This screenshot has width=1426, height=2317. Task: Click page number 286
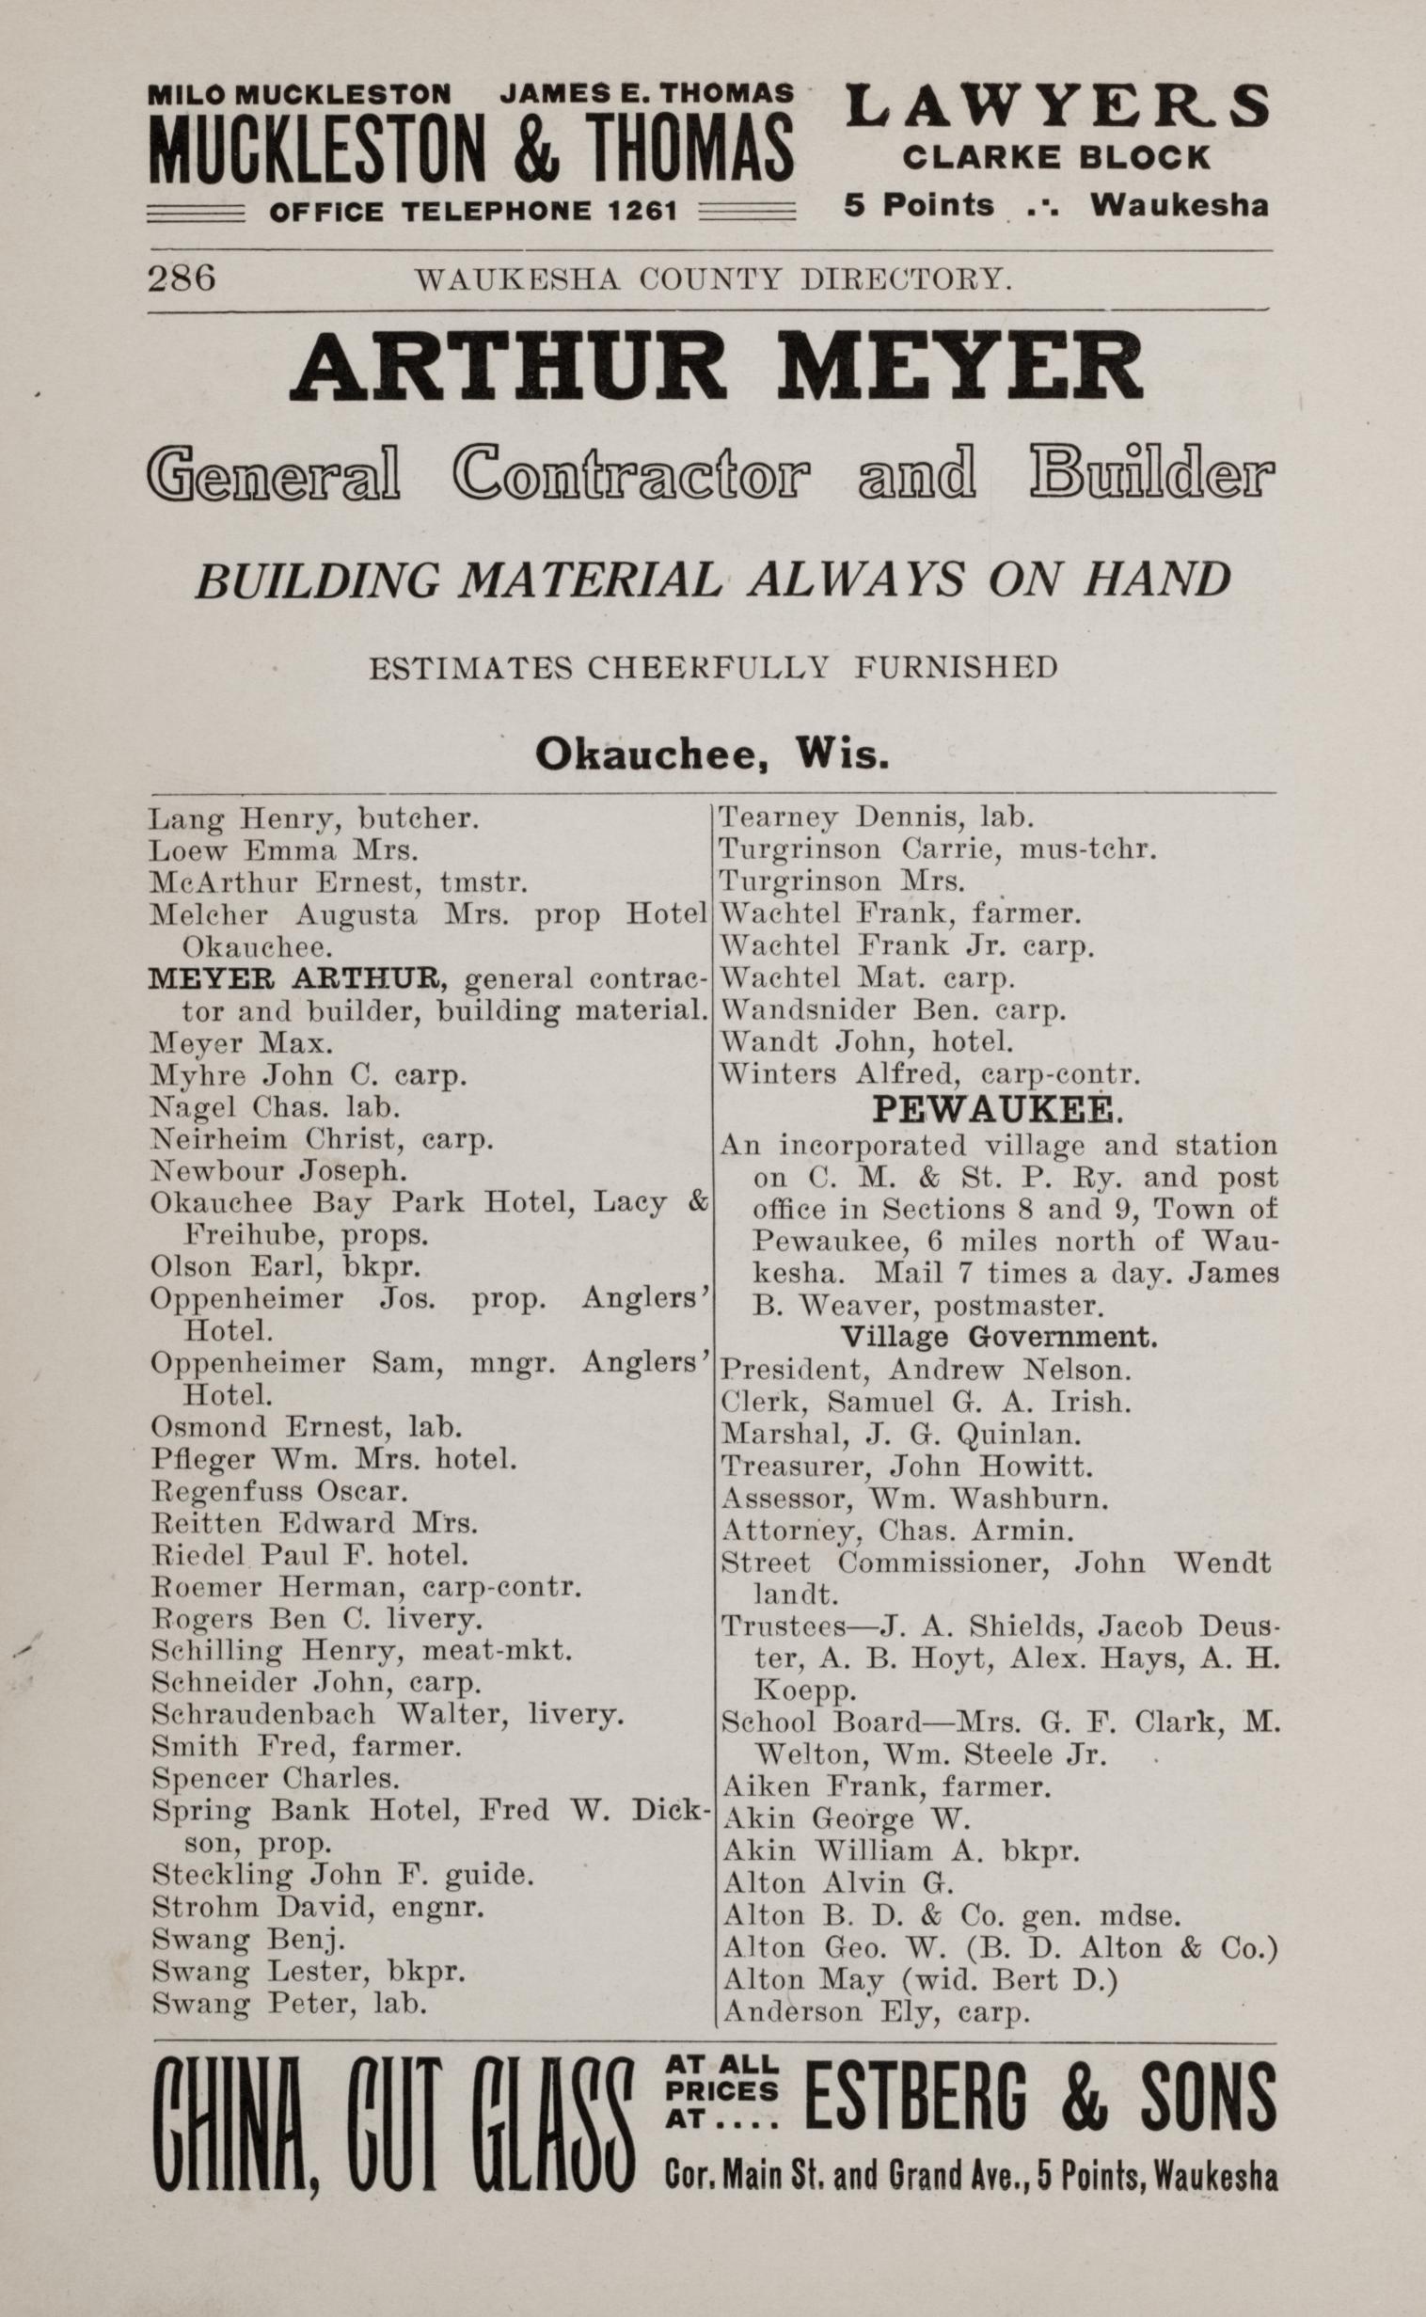coord(182,278)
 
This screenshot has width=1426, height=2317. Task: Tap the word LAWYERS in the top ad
coord(1056,105)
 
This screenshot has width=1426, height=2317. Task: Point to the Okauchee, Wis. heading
coord(712,754)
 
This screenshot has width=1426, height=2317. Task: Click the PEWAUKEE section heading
coord(996,1110)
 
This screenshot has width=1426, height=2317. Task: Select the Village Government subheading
coord(998,1336)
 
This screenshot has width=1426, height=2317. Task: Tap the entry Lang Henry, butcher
coord(314,817)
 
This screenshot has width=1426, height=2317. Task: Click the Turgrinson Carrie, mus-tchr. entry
coord(938,849)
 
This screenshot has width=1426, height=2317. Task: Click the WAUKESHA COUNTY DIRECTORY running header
coord(714,278)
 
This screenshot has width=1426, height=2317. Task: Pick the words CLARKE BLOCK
coord(1055,156)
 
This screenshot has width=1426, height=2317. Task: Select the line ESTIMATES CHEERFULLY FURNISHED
coord(712,668)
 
